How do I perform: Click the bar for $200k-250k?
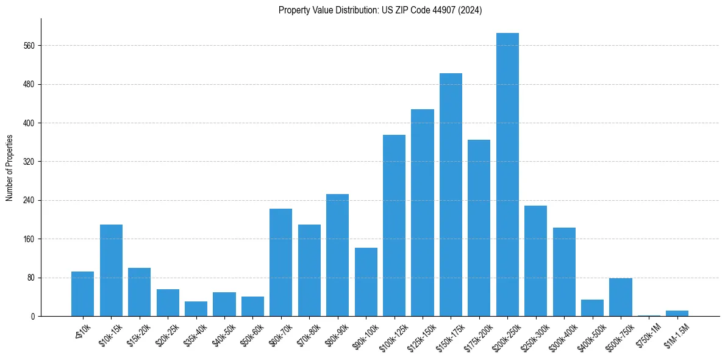click(x=507, y=175)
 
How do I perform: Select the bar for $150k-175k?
click(x=451, y=195)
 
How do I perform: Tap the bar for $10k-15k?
click(x=111, y=270)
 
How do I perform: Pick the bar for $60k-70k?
click(x=280, y=262)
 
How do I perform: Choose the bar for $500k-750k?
click(x=620, y=297)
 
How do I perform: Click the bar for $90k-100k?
click(x=366, y=282)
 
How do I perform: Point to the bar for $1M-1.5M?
click(x=677, y=313)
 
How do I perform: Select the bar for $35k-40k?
click(x=196, y=309)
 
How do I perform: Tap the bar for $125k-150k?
click(x=423, y=212)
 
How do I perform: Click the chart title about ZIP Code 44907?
click(x=380, y=10)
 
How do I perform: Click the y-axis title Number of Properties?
click(x=9, y=167)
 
